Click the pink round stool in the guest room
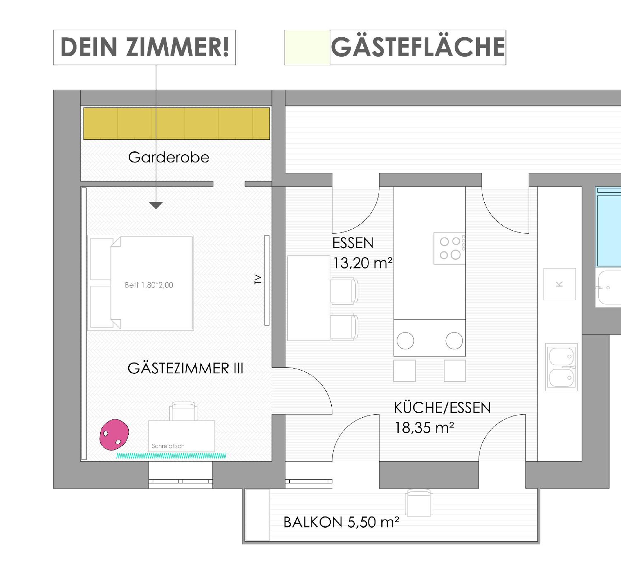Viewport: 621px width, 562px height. [x=114, y=435]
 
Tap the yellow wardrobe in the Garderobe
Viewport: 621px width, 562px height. [x=177, y=123]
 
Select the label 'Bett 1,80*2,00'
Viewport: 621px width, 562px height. [x=149, y=285]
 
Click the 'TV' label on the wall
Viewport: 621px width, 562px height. [x=258, y=280]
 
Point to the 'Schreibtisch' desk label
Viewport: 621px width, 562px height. [x=168, y=446]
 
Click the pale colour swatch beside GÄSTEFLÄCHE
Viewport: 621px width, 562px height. [x=307, y=47]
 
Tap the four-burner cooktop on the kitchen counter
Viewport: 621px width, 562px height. [x=449, y=248]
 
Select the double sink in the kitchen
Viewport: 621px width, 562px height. [x=561, y=367]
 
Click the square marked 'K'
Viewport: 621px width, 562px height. [x=559, y=284]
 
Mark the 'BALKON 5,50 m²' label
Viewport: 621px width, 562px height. [x=341, y=522]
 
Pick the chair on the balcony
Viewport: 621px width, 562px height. [x=419, y=503]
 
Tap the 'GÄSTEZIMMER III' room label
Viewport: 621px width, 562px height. [x=185, y=368]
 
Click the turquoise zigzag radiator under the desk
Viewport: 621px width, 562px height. [x=171, y=456]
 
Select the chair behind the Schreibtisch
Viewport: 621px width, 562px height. [x=183, y=411]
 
